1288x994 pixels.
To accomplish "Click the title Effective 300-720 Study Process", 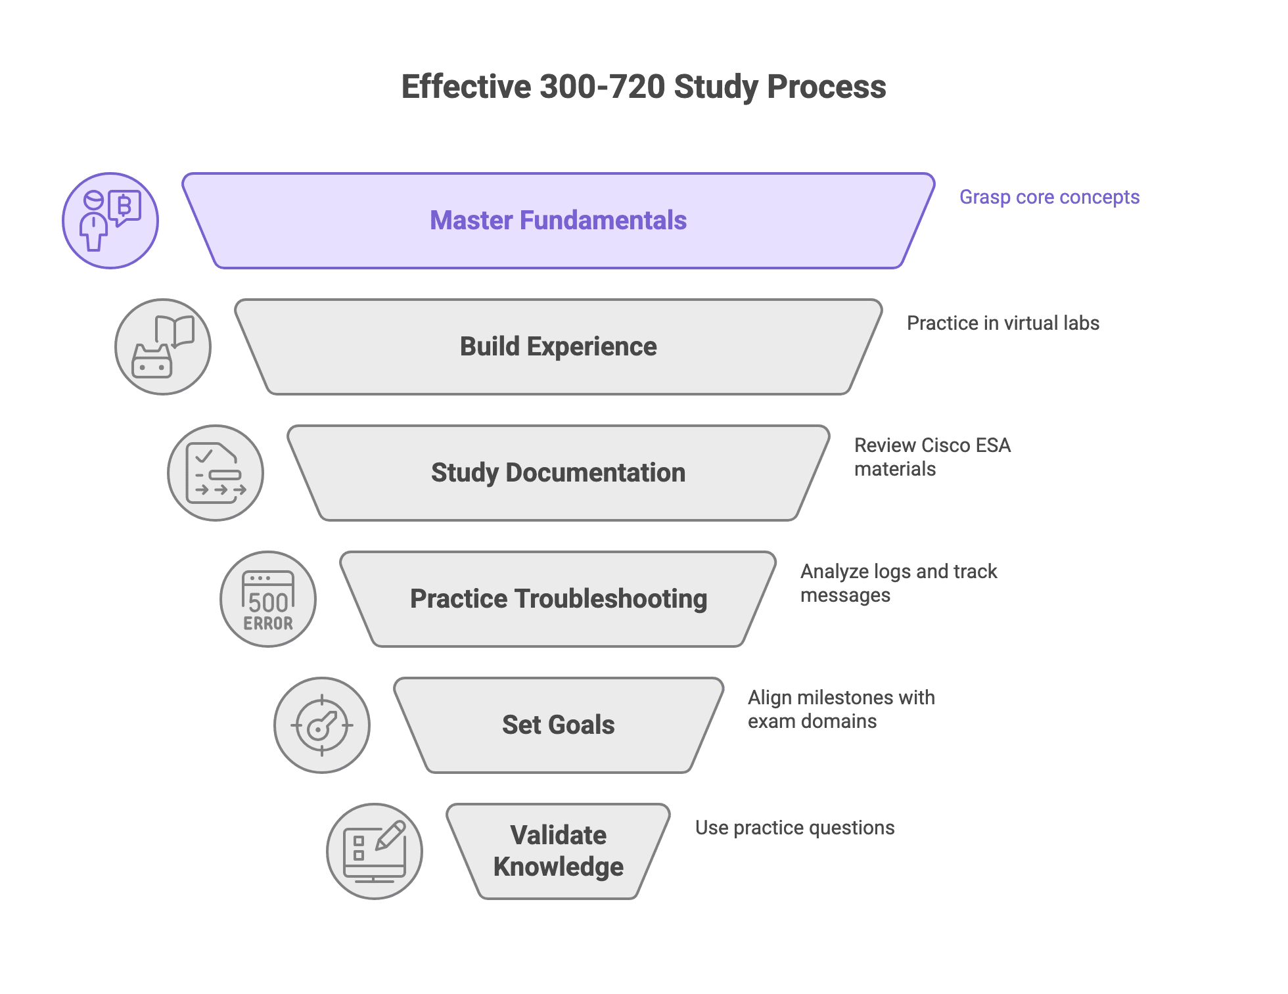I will pyautogui.click(x=643, y=87).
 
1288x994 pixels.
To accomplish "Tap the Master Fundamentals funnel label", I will pyautogui.click(x=558, y=221).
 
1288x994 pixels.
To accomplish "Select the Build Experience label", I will pyautogui.click(x=558, y=347).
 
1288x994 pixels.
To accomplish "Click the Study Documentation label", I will pyautogui.click(x=558, y=473).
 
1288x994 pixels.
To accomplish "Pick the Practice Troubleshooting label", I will pyautogui.click(x=558, y=599).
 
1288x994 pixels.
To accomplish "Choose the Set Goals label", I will pyautogui.click(x=558, y=725).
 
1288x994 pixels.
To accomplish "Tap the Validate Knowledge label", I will pyautogui.click(x=558, y=851).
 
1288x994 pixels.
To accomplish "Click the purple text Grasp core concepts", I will pyautogui.click(x=1049, y=197).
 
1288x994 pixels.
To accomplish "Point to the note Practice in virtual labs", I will pyautogui.click(x=1003, y=323).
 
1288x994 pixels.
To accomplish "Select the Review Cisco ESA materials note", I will pyautogui.click(x=932, y=457).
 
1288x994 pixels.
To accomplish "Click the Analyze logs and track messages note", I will pyautogui.click(x=898, y=583).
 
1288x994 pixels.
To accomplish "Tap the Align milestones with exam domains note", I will pyautogui.click(x=840, y=710).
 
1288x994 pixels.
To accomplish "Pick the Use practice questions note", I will pyautogui.click(x=794, y=828).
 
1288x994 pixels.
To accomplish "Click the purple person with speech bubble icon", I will pyautogui.click(x=110, y=221).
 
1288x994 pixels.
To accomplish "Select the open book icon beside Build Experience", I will pyautogui.click(x=163, y=347).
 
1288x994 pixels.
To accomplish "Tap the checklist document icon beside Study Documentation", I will pyautogui.click(x=216, y=473).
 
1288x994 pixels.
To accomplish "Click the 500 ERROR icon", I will pyautogui.click(x=268, y=599).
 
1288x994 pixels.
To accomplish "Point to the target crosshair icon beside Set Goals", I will pyautogui.click(x=321, y=725).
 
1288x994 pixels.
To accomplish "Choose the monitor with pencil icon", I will pyautogui.click(x=375, y=851).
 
